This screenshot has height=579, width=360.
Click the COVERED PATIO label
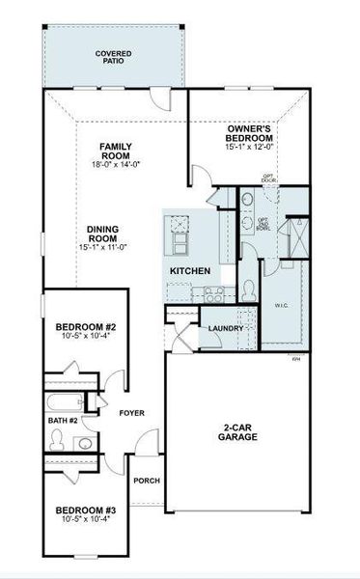tap(114, 57)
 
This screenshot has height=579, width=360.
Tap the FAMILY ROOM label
tap(116, 152)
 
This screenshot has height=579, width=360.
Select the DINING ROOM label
tap(103, 232)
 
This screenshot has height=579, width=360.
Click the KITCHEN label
tap(190, 271)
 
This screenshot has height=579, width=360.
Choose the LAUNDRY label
tap(225, 329)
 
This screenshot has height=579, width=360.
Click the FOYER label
tap(131, 413)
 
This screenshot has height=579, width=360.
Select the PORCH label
tap(147, 481)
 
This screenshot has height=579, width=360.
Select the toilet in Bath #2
tap(58, 440)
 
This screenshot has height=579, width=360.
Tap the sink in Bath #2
tap(84, 443)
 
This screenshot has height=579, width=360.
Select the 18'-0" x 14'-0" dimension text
tap(116, 165)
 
